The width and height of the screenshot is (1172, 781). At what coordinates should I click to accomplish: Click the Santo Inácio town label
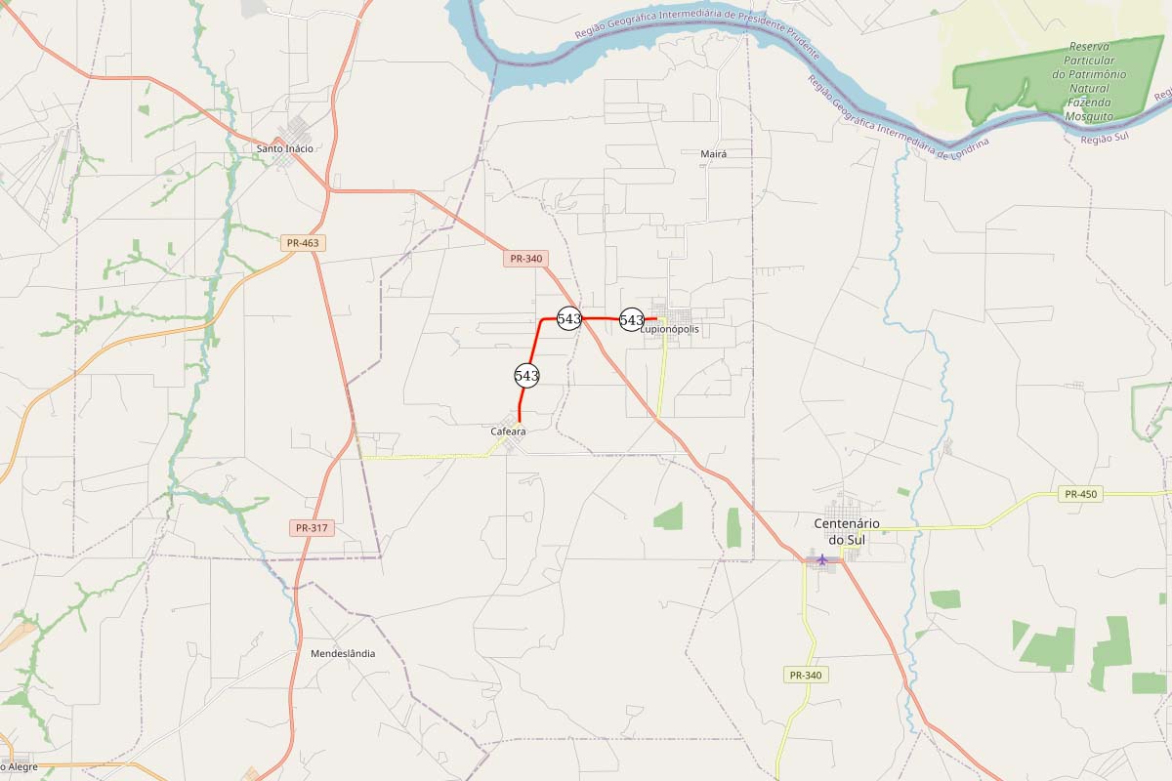pos(285,148)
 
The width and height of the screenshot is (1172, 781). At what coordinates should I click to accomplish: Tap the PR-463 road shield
pos(303,243)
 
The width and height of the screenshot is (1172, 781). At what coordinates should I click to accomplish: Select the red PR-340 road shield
pos(525,259)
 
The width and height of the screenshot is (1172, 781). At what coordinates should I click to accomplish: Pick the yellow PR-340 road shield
pos(806,675)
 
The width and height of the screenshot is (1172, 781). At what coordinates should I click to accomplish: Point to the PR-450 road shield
pos(1080,494)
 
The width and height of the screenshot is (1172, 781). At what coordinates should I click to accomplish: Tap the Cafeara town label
pos(508,431)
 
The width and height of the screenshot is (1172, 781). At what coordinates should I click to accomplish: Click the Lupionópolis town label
pos(670,330)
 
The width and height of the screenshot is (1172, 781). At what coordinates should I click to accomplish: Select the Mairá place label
pos(714,154)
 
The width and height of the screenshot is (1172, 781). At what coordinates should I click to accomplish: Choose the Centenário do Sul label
pos(847,531)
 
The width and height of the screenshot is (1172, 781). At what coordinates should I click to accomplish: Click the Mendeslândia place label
pos(342,653)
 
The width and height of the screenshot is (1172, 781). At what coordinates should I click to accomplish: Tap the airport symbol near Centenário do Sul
pos(822,559)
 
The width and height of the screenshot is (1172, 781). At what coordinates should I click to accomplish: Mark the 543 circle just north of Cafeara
pos(526,375)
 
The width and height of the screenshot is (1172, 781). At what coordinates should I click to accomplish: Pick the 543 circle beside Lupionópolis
pos(632,319)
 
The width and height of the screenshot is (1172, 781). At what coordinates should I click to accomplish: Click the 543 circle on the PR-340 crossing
pos(569,318)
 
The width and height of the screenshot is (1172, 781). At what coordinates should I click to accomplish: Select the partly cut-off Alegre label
pos(20,767)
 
